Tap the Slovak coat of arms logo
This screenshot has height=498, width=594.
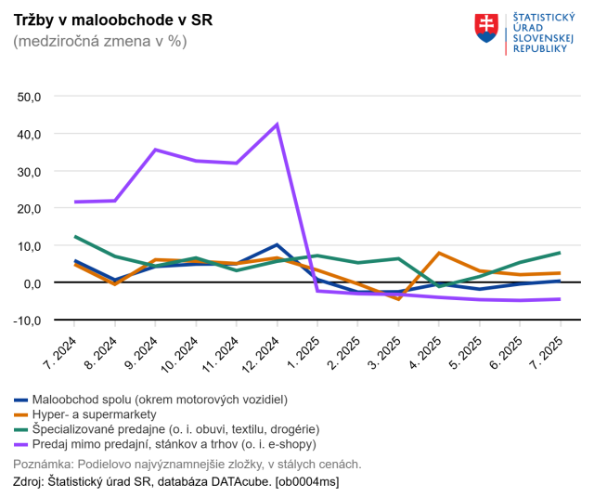pos(485,29)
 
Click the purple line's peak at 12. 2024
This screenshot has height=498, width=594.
pos(277,124)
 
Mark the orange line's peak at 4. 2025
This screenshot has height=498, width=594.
pos(439,253)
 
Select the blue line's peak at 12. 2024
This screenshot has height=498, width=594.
pos(277,245)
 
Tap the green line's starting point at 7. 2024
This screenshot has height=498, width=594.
pos(75,237)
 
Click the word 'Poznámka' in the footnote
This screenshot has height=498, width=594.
pos(43,464)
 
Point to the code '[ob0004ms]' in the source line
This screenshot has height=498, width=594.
pos(307,481)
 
